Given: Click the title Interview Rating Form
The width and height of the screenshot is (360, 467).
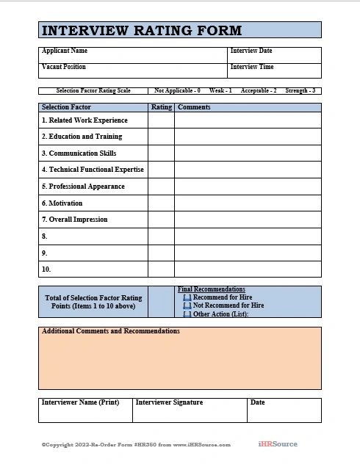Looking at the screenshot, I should [x=141, y=30].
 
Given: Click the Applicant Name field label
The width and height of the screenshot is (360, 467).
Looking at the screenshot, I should [x=65, y=51].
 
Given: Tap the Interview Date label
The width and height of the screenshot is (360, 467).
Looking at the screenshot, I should [x=251, y=51].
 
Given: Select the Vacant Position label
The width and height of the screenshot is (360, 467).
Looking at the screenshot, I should [x=64, y=67].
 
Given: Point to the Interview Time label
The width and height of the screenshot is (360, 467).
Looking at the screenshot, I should [x=252, y=67].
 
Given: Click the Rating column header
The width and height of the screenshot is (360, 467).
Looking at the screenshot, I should [x=161, y=107].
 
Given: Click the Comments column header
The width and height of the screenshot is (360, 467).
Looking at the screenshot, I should [x=194, y=107].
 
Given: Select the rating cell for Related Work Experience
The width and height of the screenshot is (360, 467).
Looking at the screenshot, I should [x=161, y=120].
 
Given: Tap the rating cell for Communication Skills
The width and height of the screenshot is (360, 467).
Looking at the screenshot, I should [x=161, y=153].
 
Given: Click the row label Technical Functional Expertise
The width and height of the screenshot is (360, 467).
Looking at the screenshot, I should [x=93, y=170].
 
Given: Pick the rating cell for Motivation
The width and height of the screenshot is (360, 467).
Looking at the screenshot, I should [x=161, y=203].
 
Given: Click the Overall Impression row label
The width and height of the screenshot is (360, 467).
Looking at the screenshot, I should [x=74, y=220].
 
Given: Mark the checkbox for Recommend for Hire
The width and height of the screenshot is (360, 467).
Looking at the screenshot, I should [x=187, y=297].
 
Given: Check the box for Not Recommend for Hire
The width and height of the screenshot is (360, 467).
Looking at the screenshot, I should [x=187, y=305].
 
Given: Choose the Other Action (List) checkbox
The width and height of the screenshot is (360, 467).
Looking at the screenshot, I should [x=187, y=314].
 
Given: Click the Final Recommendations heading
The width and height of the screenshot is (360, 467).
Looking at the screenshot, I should [x=212, y=289].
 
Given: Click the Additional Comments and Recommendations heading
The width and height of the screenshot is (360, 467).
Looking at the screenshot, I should [x=111, y=331].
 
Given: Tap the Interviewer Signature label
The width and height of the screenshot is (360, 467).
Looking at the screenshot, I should [x=169, y=402].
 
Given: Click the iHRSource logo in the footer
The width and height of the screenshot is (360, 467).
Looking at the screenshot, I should [x=278, y=444].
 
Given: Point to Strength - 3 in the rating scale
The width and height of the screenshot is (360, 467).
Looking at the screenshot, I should [x=300, y=91].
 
